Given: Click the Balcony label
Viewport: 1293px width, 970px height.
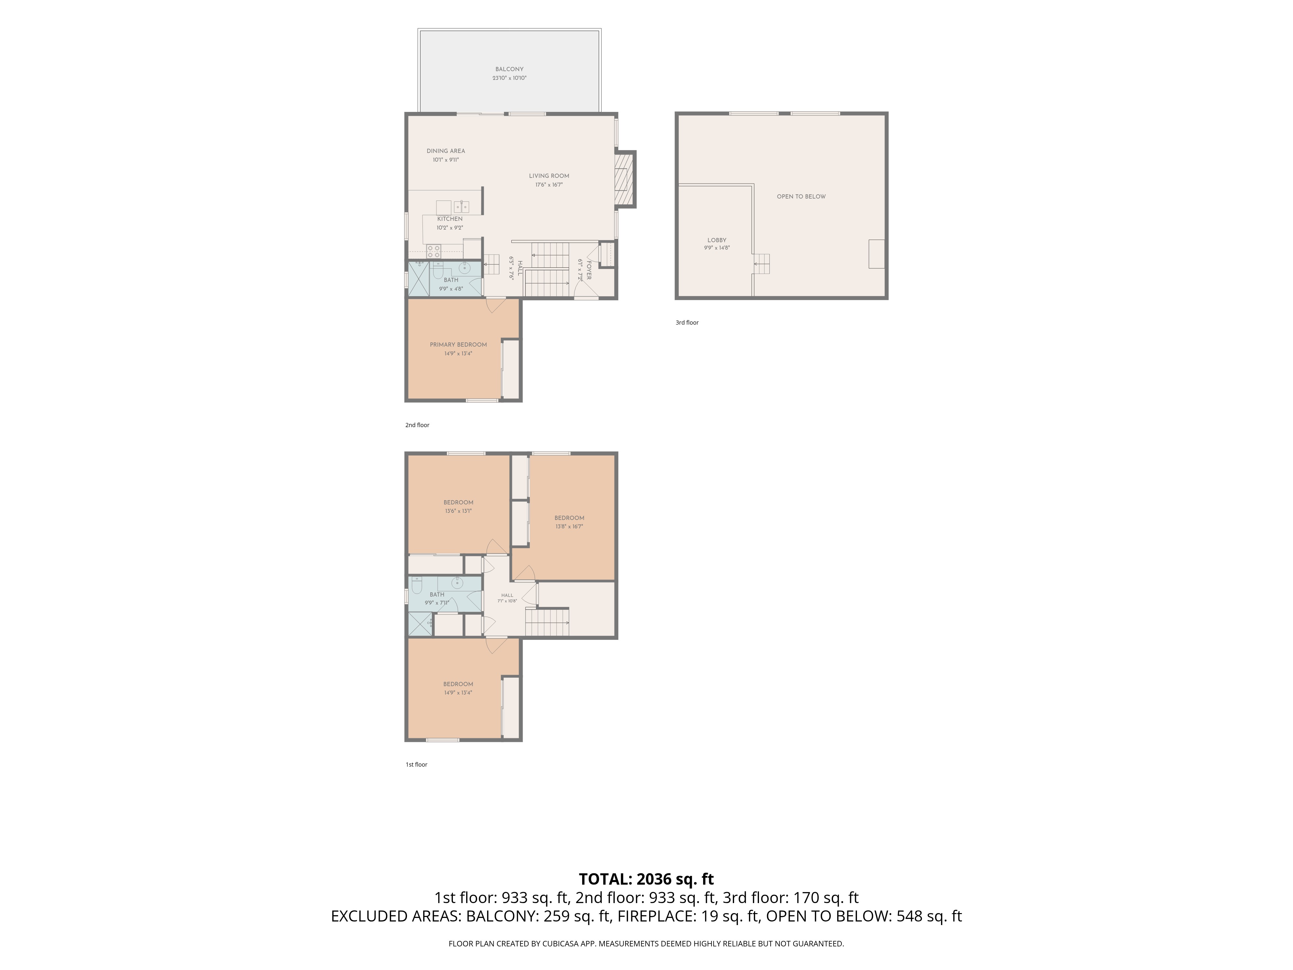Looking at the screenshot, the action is coord(509,69).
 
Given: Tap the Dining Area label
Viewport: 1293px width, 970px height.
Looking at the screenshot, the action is coord(445,151).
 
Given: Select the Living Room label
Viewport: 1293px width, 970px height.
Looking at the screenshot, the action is coord(549,176).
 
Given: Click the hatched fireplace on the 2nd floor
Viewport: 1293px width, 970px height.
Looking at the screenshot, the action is coord(625,179).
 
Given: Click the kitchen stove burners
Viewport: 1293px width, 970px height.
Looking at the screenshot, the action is coord(434,252).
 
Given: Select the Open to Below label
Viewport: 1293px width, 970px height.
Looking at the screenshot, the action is coord(801,197).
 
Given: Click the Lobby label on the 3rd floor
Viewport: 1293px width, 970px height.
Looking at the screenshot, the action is coord(717,240).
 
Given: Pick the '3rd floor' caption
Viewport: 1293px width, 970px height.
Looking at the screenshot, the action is coord(687,323).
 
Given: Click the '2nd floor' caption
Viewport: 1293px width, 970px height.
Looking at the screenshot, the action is coord(417,425).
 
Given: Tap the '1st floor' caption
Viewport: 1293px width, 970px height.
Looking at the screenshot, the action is coord(416,765).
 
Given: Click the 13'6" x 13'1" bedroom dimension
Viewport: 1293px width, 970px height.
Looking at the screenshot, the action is coord(458,511).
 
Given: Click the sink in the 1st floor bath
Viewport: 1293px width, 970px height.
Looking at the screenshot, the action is coord(456,583).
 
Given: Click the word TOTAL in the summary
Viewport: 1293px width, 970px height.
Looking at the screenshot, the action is coord(605,879).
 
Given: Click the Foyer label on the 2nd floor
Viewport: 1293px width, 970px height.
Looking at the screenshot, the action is coord(589,270).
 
